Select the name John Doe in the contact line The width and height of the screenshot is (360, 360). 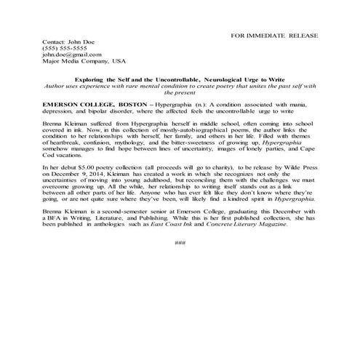72,42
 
